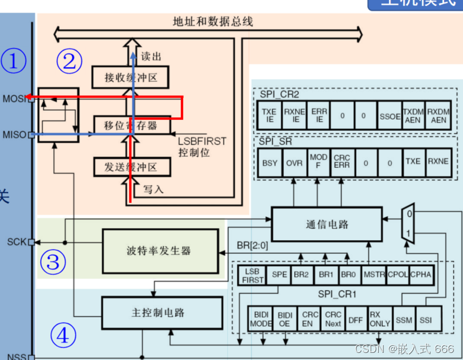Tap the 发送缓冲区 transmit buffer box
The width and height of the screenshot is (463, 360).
coord(130,167)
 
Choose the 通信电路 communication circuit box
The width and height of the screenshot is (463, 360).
coord(327,224)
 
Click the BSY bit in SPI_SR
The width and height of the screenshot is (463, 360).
coord(269,162)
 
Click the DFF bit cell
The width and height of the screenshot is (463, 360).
coord(355,319)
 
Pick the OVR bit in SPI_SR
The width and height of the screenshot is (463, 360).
coord(294,162)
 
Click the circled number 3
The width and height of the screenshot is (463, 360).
coord(53,261)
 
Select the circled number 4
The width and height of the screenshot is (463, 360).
coord(62,336)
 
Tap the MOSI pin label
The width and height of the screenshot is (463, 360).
coord(14,98)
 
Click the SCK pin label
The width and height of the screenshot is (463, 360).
coord(17,242)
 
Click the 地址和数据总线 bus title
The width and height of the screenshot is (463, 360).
coord(213,22)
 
